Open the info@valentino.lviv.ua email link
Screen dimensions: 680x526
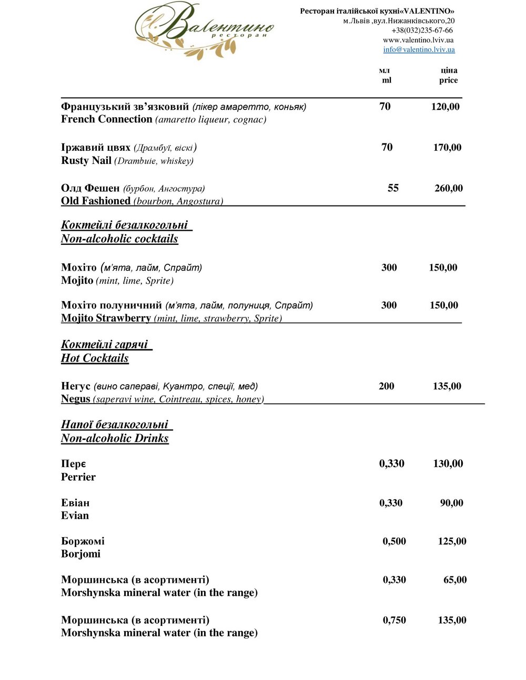coord(419,49)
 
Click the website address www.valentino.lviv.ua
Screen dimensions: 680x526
coord(418,40)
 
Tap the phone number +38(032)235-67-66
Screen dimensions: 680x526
coord(422,30)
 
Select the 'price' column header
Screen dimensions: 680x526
coord(448,80)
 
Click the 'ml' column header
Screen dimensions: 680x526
coord(387,80)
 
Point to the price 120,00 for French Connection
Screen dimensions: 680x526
coord(445,107)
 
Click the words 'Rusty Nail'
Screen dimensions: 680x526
coord(86,160)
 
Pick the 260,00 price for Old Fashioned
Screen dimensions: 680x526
coord(449,188)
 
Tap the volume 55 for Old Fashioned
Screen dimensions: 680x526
coord(393,188)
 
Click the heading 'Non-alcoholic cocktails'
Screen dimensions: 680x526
coord(119,239)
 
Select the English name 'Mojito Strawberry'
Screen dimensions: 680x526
coord(106,318)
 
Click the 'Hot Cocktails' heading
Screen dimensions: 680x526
coord(95,358)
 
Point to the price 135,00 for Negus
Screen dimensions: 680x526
coord(447,386)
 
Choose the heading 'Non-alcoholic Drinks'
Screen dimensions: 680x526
coord(115,438)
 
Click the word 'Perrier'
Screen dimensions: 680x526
coord(78,477)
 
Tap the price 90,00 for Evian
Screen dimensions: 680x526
coord(451,503)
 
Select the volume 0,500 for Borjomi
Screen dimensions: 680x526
coord(394,541)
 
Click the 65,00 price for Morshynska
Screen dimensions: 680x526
coord(454,580)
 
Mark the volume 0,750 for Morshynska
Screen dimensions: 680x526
coord(394,620)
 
